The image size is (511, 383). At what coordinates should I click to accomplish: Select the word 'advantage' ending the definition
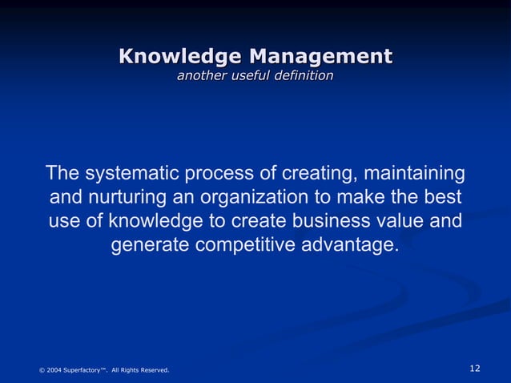point(351,244)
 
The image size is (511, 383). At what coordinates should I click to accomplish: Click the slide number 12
point(475,368)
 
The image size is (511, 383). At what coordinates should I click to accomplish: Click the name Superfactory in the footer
point(82,370)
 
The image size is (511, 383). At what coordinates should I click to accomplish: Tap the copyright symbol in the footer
point(42,370)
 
